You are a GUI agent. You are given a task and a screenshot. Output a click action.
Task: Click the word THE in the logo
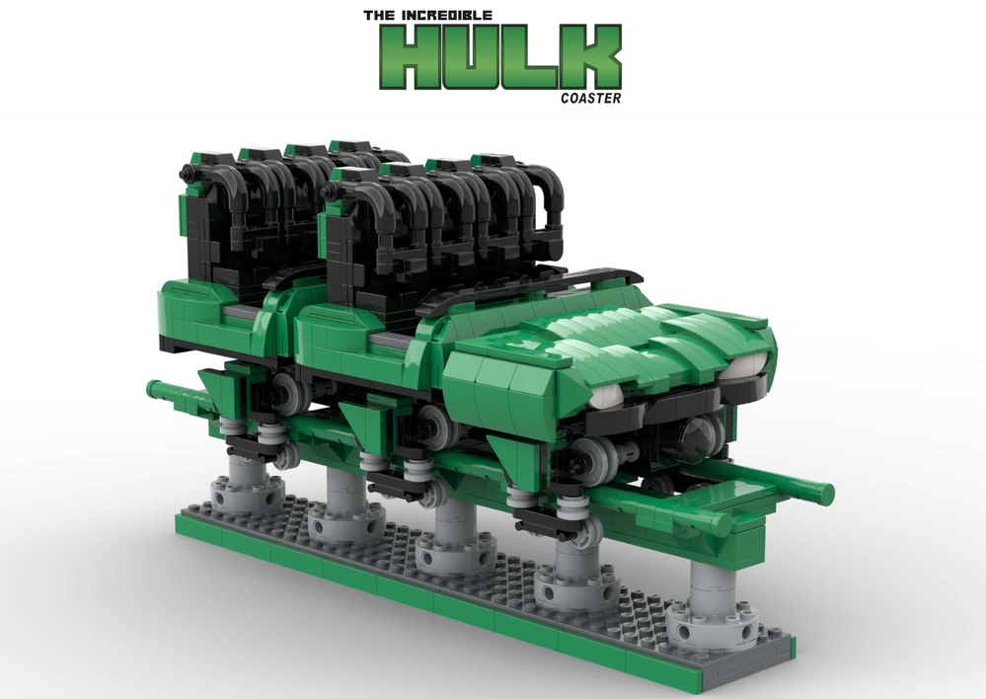pos(379,16)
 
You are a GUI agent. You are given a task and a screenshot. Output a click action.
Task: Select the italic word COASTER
pos(590,98)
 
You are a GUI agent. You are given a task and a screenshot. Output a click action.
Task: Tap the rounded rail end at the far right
pos(823,492)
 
